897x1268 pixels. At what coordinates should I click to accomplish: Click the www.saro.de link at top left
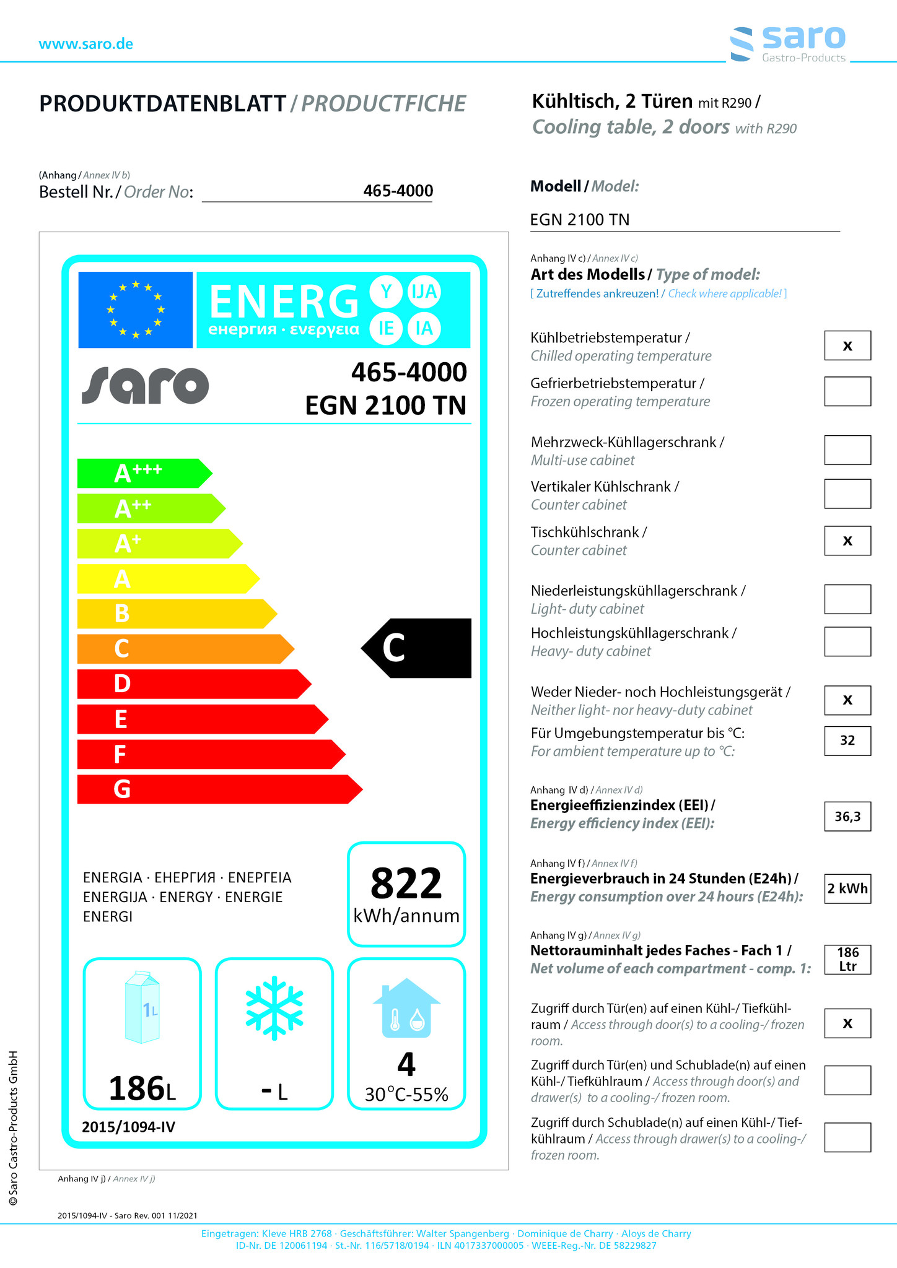tap(85, 44)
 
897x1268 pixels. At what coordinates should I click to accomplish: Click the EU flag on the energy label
tap(135, 310)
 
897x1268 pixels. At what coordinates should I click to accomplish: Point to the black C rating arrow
tap(417, 648)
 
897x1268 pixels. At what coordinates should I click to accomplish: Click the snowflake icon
tap(274, 1007)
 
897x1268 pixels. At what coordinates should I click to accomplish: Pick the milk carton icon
tap(142, 1007)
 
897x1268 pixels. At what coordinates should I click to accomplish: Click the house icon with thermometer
tap(406, 1008)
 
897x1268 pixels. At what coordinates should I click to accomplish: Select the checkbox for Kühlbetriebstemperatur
tap(847, 345)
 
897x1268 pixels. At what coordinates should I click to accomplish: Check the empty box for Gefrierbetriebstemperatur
tap(847, 391)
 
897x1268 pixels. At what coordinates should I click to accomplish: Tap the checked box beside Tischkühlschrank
tap(847, 541)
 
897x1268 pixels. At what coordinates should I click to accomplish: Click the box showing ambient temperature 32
tap(847, 740)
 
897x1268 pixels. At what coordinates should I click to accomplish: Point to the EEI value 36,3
tap(847, 817)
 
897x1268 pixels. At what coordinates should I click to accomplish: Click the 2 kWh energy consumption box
tap(847, 888)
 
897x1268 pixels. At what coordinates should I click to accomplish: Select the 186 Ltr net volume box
tap(847, 960)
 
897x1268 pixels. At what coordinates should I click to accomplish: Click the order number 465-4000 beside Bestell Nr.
tap(398, 191)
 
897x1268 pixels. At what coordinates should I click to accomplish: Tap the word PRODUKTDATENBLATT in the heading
tap(163, 104)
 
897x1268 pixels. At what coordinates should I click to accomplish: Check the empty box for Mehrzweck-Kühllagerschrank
tap(847, 450)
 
